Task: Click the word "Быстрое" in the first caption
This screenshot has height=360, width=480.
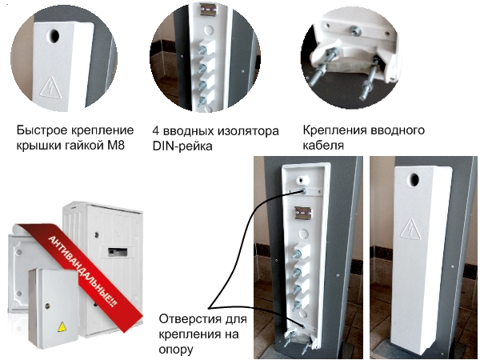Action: (x=42, y=130)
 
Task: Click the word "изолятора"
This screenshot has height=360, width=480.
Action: (x=248, y=131)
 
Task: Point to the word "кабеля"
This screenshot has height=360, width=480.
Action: (x=323, y=145)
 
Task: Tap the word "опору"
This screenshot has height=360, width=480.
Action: (x=176, y=349)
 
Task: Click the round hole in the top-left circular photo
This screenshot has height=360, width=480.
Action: (x=54, y=36)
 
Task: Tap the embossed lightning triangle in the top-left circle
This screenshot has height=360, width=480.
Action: (x=50, y=89)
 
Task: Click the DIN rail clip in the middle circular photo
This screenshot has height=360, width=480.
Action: (x=206, y=9)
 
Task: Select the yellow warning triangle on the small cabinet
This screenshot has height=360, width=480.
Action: (x=62, y=327)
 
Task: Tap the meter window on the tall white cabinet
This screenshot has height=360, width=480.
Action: (x=118, y=252)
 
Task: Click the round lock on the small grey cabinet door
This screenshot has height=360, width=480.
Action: (x=47, y=306)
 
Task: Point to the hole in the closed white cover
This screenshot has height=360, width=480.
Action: (x=414, y=178)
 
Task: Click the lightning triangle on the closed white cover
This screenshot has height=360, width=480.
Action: (x=410, y=229)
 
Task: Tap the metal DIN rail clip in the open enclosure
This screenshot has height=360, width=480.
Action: (x=303, y=213)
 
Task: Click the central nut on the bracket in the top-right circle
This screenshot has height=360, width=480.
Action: (x=354, y=30)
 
